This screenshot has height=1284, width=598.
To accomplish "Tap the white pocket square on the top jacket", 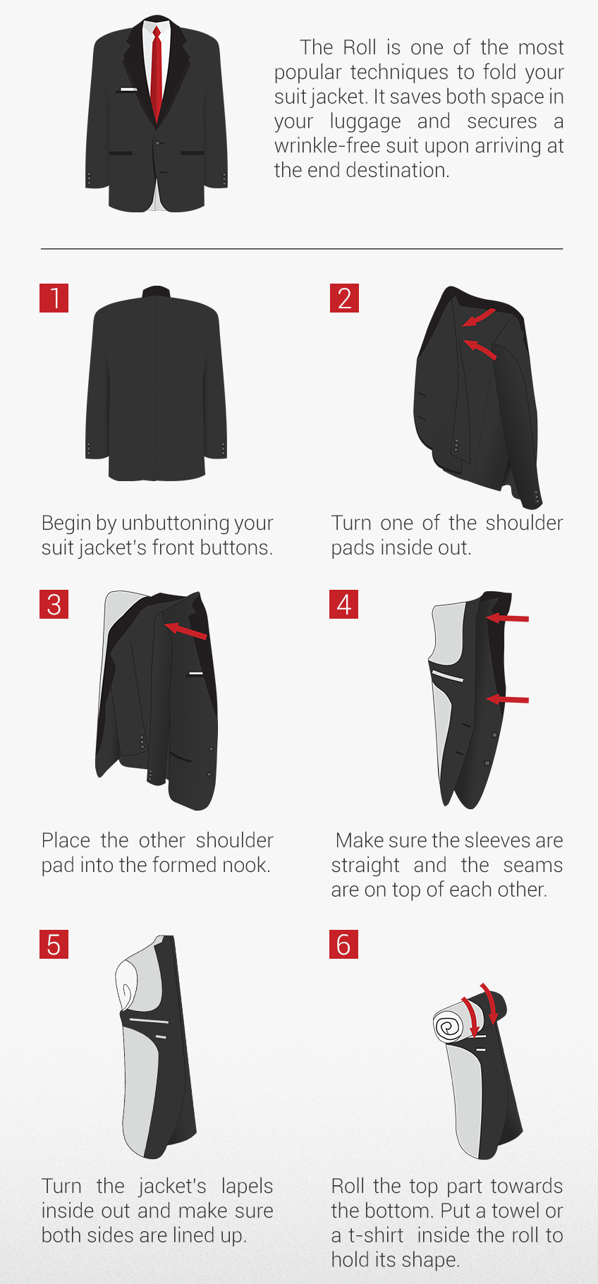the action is (128, 90).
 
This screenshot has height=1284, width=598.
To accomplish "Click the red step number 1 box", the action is (54, 298).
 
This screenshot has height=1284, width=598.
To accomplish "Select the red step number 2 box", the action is (344, 298).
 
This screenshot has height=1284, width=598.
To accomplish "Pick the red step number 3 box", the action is (54, 604).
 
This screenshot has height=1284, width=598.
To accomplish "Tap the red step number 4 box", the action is (344, 604).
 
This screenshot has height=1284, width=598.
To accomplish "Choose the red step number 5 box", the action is (54, 944).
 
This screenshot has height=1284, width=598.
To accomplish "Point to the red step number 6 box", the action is (344, 944).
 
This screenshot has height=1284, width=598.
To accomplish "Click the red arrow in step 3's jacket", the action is (185, 630).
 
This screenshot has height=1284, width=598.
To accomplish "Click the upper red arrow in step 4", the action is (507, 618).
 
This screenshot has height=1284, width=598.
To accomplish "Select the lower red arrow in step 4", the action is (507, 699).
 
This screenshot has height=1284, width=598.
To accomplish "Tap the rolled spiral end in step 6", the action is (448, 1026).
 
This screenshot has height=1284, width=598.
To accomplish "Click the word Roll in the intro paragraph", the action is (360, 47).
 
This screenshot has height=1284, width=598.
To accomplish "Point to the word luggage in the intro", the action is (365, 121).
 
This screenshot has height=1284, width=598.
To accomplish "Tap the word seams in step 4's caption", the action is (532, 866).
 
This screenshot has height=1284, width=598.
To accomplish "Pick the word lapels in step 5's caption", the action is (247, 1187).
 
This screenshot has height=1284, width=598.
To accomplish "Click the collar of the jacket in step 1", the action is (157, 291).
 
